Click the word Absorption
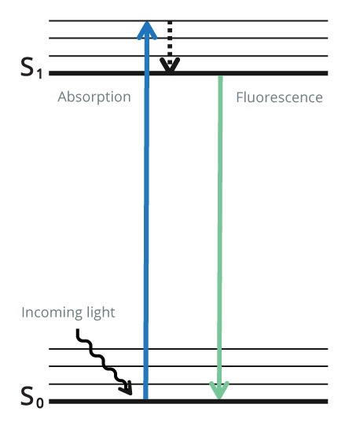point(94,97)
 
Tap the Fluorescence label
point(279,97)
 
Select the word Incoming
point(52,314)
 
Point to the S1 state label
point(31,68)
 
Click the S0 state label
point(32,397)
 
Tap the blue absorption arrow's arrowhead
point(147,30)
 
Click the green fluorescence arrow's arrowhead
point(219,390)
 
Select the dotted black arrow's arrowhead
point(170,66)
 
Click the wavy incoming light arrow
point(102,362)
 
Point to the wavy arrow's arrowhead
point(126,388)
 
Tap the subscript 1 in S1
point(39,74)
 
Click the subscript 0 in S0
point(40,403)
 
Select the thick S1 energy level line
point(189,73)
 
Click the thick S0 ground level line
point(189,402)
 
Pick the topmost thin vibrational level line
point(189,20)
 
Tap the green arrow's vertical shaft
point(220,231)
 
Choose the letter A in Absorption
point(63,97)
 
